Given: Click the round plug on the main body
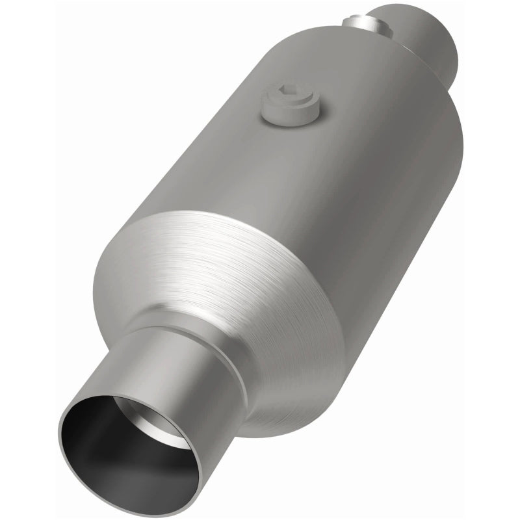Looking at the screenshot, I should tap(291, 107).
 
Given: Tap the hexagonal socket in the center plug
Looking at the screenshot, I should tap(289, 97).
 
